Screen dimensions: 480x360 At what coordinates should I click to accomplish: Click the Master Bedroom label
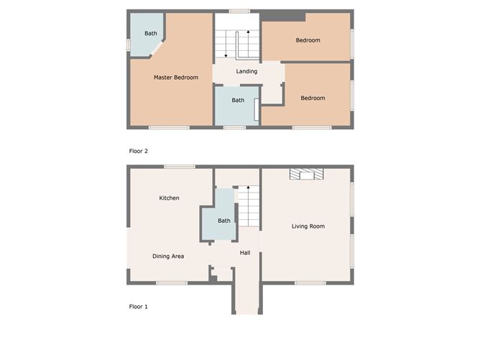click(176, 78)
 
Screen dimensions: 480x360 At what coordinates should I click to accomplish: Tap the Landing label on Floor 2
click(246, 71)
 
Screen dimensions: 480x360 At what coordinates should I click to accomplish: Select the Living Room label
click(308, 226)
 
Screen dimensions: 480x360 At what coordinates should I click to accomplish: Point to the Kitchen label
click(169, 198)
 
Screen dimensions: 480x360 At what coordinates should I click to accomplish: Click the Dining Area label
click(168, 257)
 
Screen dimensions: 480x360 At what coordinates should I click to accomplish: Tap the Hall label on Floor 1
click(245, 252)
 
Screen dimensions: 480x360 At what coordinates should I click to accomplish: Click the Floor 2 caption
click(139, 151)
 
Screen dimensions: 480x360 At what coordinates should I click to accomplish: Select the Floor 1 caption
click(139, 306)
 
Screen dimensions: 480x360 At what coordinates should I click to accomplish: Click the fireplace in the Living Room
click(306, 174)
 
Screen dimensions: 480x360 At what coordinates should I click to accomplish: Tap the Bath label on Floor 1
click(224, 221)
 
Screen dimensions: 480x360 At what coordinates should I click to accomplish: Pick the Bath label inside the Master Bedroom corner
click(151, 33)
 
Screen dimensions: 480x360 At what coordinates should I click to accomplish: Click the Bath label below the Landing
click(238, 100)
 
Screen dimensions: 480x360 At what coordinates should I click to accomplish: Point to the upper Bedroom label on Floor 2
click(308, 40)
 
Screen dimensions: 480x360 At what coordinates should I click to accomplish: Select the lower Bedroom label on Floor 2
click(313, 98)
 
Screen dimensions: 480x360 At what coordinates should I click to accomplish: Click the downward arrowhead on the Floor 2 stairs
click(226, 56)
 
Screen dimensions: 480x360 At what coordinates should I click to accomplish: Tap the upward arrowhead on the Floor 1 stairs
click(249, 187)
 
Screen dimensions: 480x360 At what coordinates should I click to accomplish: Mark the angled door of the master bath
click(157, 48)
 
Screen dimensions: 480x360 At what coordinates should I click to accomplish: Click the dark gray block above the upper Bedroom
click(283, 17)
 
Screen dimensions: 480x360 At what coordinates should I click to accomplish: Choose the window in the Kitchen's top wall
click(180, 167)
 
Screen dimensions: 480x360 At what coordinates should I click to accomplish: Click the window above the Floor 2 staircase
click(239, 11)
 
